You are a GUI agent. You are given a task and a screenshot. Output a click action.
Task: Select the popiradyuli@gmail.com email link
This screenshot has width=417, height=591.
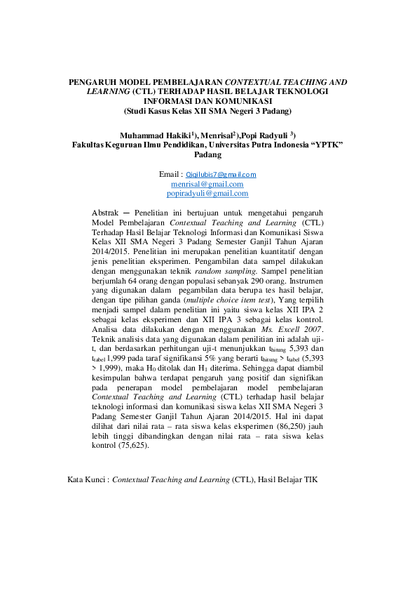tap(207, 193)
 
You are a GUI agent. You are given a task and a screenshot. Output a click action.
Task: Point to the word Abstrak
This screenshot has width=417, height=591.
tap(106, 212)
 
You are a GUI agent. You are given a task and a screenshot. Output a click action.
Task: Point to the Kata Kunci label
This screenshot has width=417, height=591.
tap(86, 481)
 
